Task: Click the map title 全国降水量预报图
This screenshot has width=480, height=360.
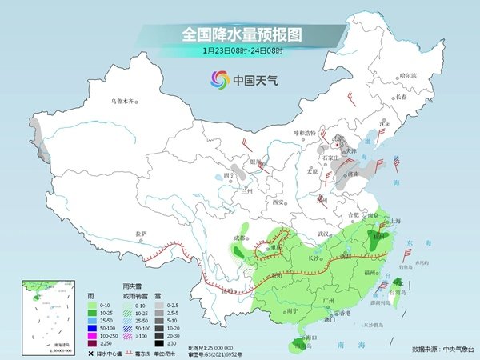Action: pos(239,34)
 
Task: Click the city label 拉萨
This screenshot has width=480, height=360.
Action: pos(142,233)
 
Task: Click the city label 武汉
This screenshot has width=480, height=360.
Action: pos(323,234)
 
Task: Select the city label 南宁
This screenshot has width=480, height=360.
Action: pos(270,310)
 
